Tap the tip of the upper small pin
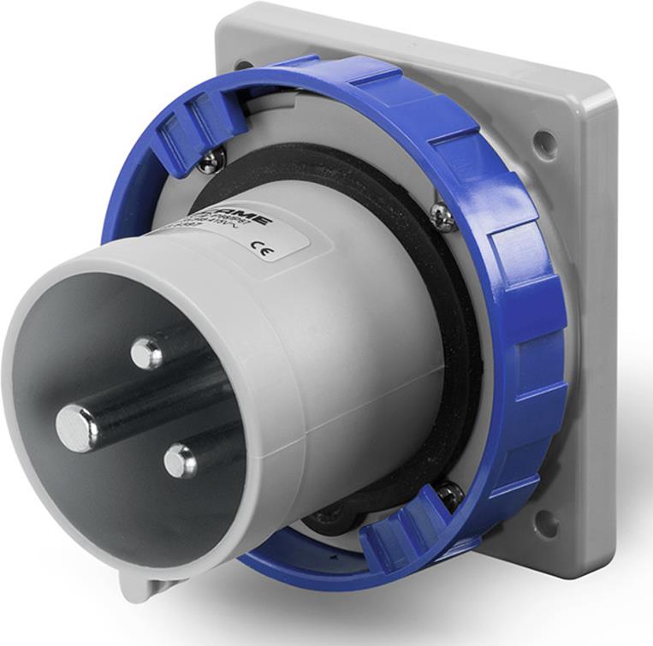[146, 353]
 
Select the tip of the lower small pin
[181, 461]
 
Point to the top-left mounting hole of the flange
[243, 64]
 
